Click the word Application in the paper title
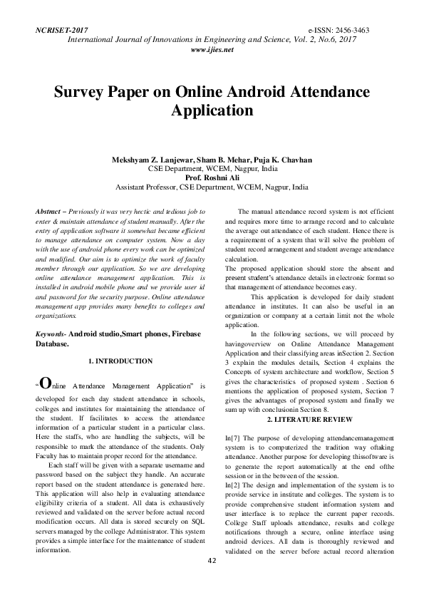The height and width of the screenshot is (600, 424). (212, 111)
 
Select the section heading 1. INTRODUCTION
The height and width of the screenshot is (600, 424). (119, 362)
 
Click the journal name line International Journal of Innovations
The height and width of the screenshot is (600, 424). (212, 41)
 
